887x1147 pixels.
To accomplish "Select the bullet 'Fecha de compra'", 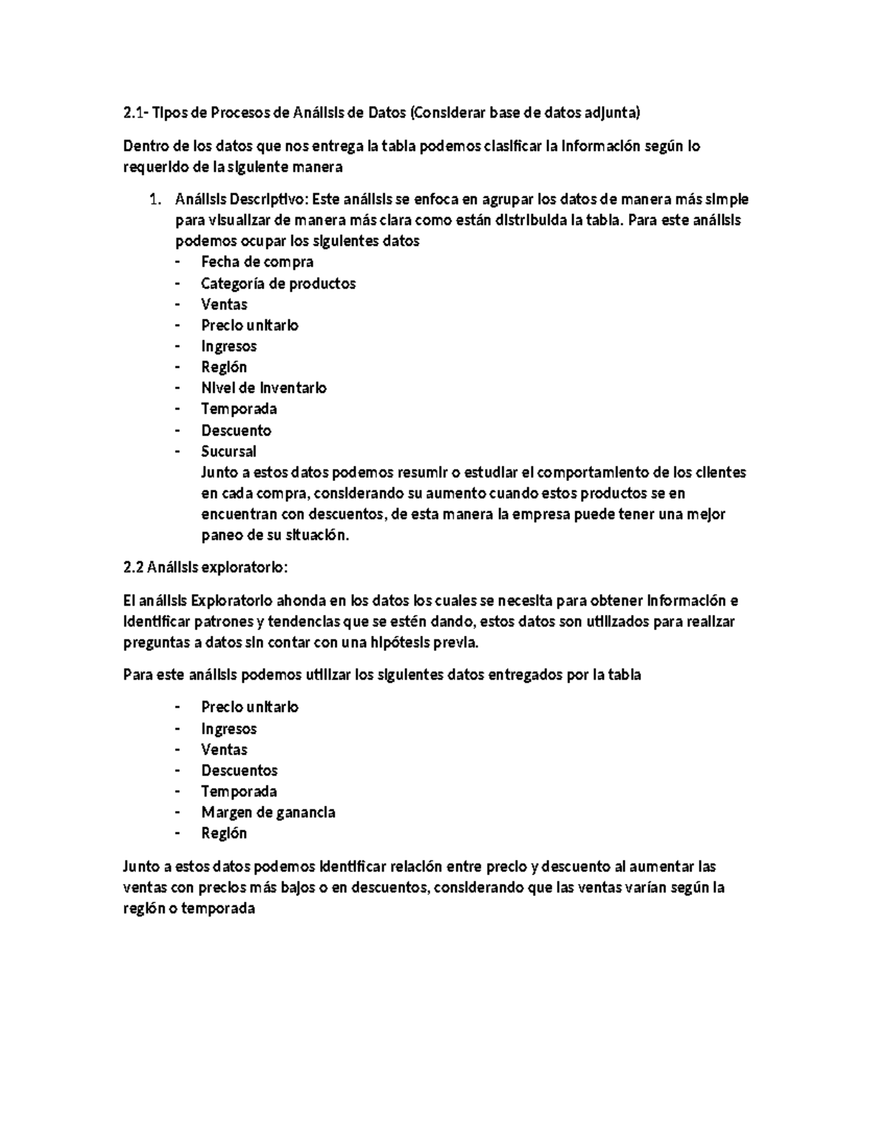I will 256,261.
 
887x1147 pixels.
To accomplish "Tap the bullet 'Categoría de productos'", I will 278,283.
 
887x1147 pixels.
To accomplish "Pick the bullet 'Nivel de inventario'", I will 263,388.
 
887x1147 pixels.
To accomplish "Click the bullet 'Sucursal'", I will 228,451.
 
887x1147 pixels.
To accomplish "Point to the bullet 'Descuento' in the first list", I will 236,430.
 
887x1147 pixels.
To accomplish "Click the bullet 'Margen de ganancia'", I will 268,812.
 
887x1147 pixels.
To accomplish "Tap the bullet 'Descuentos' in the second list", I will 239,770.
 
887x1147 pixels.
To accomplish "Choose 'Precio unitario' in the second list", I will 249,707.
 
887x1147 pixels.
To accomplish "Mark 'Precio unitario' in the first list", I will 249,325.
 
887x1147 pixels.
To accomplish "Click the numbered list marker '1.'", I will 154,199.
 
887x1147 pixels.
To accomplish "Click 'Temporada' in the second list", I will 239,791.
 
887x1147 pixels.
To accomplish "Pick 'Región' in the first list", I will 224,367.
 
